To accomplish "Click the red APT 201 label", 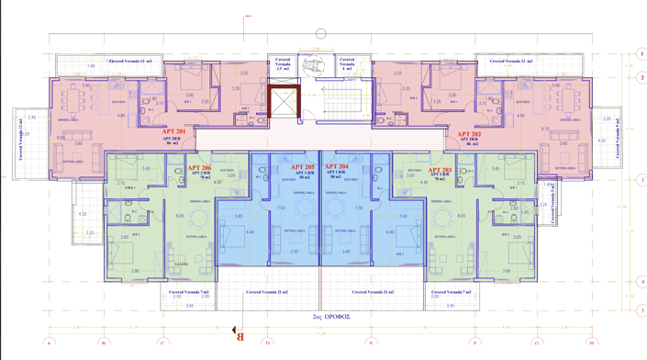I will pyautogui.click(x=174, y=132).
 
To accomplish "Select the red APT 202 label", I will pyautogui.click(x=468, y=134).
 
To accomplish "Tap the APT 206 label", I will pyautogui.click(x=199, y=169).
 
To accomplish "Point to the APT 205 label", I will pyautogui.click(x=303, y=168).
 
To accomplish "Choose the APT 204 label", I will pyautogui.click(x=337, y=168).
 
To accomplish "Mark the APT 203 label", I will pyautogui.click(x=440, y=171).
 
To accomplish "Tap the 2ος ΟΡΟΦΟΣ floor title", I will pyautogui.click(x=330, y=316).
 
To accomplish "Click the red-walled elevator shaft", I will pyautogui.click(x=284, y=102).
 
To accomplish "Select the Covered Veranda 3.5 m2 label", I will pyautogui.click(x=284, y=63).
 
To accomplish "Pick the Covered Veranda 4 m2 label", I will pyautogui.click(x=347, y=63).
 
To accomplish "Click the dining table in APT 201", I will pyautogui.click(x=72, y=97).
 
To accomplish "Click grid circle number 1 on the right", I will pyautogui.click(x=641, y=55).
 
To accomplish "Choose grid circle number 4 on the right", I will pyautogui.click(x=641, y=282).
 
